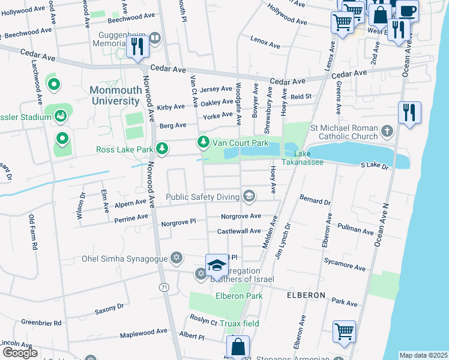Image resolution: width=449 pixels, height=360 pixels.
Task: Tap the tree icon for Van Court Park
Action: tap(203, 142)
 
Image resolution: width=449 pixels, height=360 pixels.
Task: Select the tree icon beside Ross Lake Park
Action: tap(161, 148)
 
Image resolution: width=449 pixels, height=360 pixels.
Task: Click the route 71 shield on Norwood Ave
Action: tap(164, 288)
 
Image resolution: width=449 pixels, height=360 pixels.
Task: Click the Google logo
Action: tap(20, 353)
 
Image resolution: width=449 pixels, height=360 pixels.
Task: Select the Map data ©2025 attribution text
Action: tap(423, 355)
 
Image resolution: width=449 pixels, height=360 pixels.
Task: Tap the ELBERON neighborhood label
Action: tap(306, 296)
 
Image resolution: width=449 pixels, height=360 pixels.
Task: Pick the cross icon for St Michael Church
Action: tap(387, 130)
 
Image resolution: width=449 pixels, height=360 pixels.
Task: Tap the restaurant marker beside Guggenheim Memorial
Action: tap(138, 47)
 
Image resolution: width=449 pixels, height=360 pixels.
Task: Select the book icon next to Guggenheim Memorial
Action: tap(155, 39)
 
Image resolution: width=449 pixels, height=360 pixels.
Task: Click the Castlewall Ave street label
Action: tap(239, 231)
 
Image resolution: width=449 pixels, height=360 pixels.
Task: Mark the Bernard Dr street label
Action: tap(315, 200)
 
